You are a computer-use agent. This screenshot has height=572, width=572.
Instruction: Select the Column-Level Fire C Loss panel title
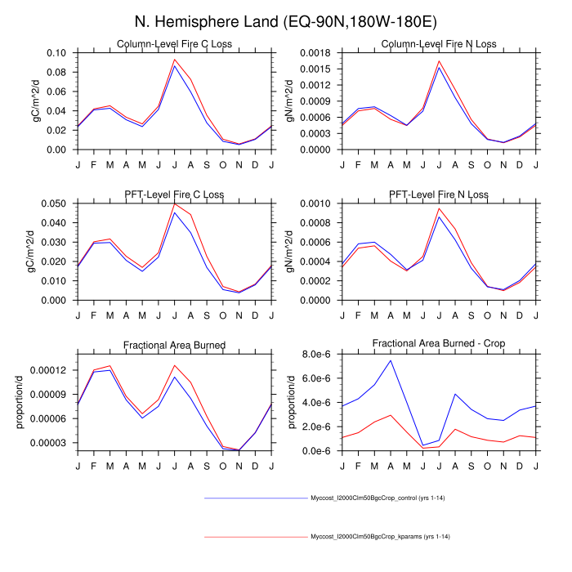pyautogui.click(x=175, y=43)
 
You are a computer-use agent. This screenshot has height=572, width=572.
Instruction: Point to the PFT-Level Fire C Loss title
pyautogui.click(x=175, y=194)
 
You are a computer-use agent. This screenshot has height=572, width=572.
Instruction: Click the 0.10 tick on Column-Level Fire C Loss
pyautogui.click(x=56, y=53)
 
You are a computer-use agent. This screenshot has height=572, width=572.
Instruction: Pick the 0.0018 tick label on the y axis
pyautogui.click(x=311, y=53)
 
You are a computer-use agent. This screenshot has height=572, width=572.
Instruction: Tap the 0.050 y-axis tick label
pyautogui.click(x=53, y=203)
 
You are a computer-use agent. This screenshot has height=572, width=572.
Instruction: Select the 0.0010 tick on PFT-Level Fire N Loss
pyautogui.click(x=311, y=203)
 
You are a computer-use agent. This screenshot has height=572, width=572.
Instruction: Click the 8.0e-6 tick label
pyautogui.click(x=315, y=354)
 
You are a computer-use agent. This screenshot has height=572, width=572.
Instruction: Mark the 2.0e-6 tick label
pyautogui.click(x=315, y=427)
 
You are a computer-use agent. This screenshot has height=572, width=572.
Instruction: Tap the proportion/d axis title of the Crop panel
pyautogui.click(x=291, y=402)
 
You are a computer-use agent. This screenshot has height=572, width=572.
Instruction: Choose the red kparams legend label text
pyautogui.click(x=381, y=537)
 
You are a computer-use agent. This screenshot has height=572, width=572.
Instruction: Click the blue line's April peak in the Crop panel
pyautogui.click(x=391, y=360)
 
